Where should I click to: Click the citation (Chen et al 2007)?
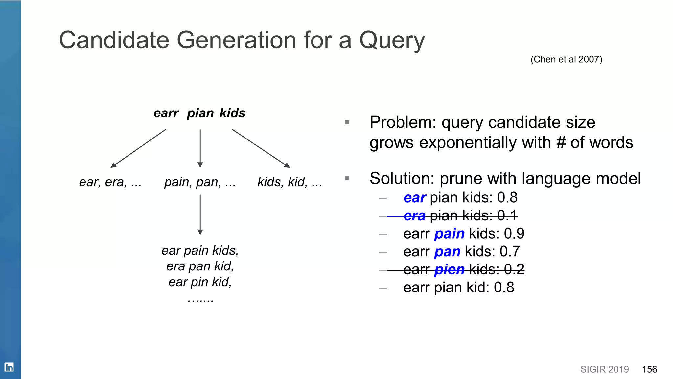coord(566,59)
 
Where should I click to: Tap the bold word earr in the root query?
coord(166,113)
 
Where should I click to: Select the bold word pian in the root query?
coord(200,113)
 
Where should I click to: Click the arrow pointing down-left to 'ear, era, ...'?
coord(138,148)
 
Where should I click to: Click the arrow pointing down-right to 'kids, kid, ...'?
coord(261,148)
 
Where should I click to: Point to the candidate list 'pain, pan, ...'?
coord(200,182)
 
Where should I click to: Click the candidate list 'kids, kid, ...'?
coord(290,182)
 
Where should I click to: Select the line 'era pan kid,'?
coord(200,266)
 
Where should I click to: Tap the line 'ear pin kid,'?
coord(200,282)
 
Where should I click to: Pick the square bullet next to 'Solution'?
coord(347,179)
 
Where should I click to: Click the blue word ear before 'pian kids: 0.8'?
coord(414,198)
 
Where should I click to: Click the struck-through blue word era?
coord(414,216)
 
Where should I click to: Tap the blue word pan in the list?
coord(447,252)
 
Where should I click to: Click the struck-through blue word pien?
coord(449,270)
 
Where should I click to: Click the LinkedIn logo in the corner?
coord(9,367)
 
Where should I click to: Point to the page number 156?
coord(649,369)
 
